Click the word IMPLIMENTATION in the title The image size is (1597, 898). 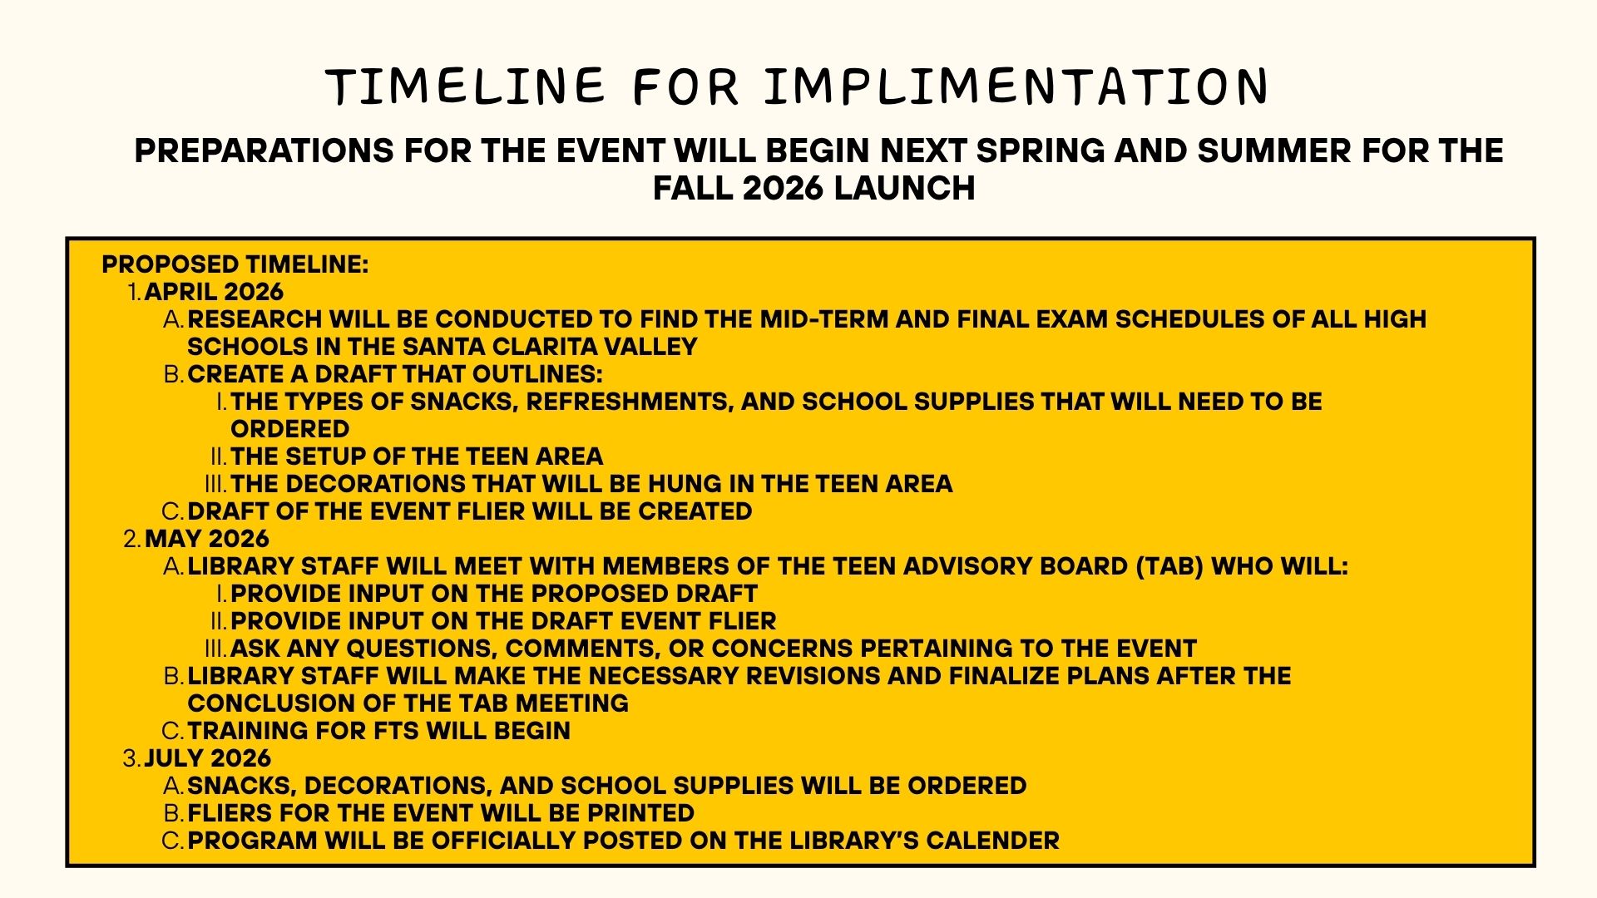click(1016, 86)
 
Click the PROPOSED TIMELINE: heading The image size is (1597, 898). click(235, 264)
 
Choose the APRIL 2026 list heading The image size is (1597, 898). click(214, 292)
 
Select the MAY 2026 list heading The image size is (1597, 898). click(207, 539)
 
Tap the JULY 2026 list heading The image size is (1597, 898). click(208, 758)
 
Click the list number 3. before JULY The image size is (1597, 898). click(132, 758)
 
